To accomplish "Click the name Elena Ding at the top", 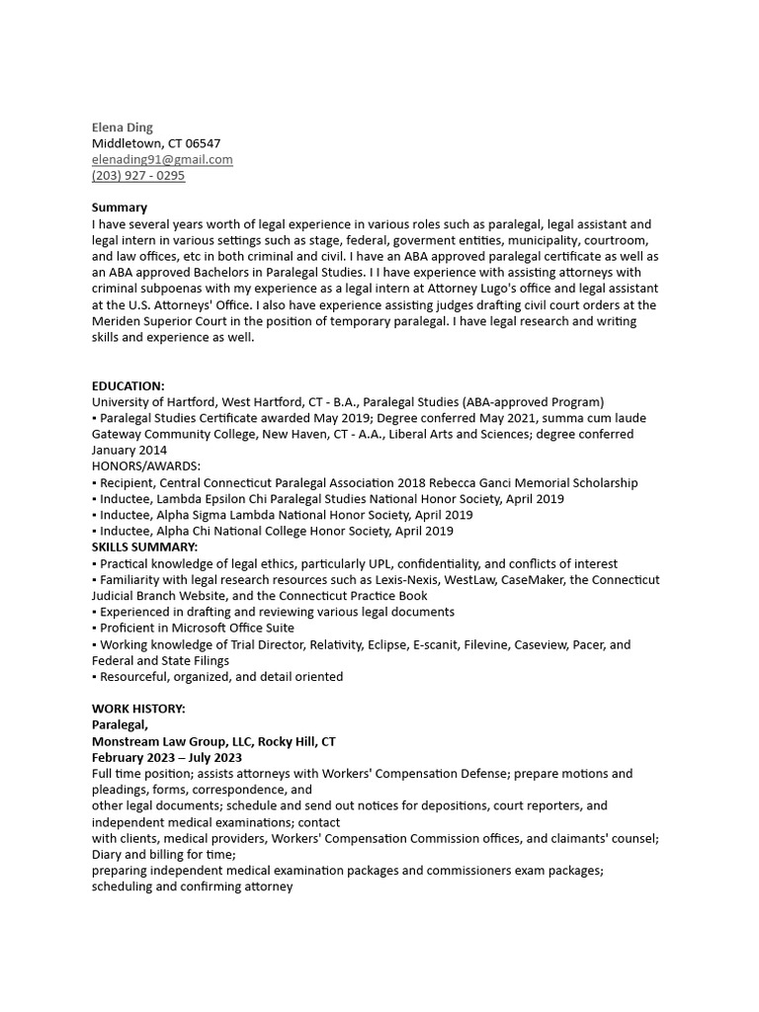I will [123, 127].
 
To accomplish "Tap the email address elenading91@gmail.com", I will [162, 159].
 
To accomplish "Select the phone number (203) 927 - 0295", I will [138, 176].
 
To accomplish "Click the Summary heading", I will [120, 208].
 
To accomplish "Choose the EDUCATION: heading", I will [128, 385].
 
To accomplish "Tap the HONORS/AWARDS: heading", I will [146, 465].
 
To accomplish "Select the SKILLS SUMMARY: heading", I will [144, 547].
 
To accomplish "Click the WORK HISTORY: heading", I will [138, 709].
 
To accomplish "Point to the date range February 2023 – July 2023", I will [167, 757].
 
